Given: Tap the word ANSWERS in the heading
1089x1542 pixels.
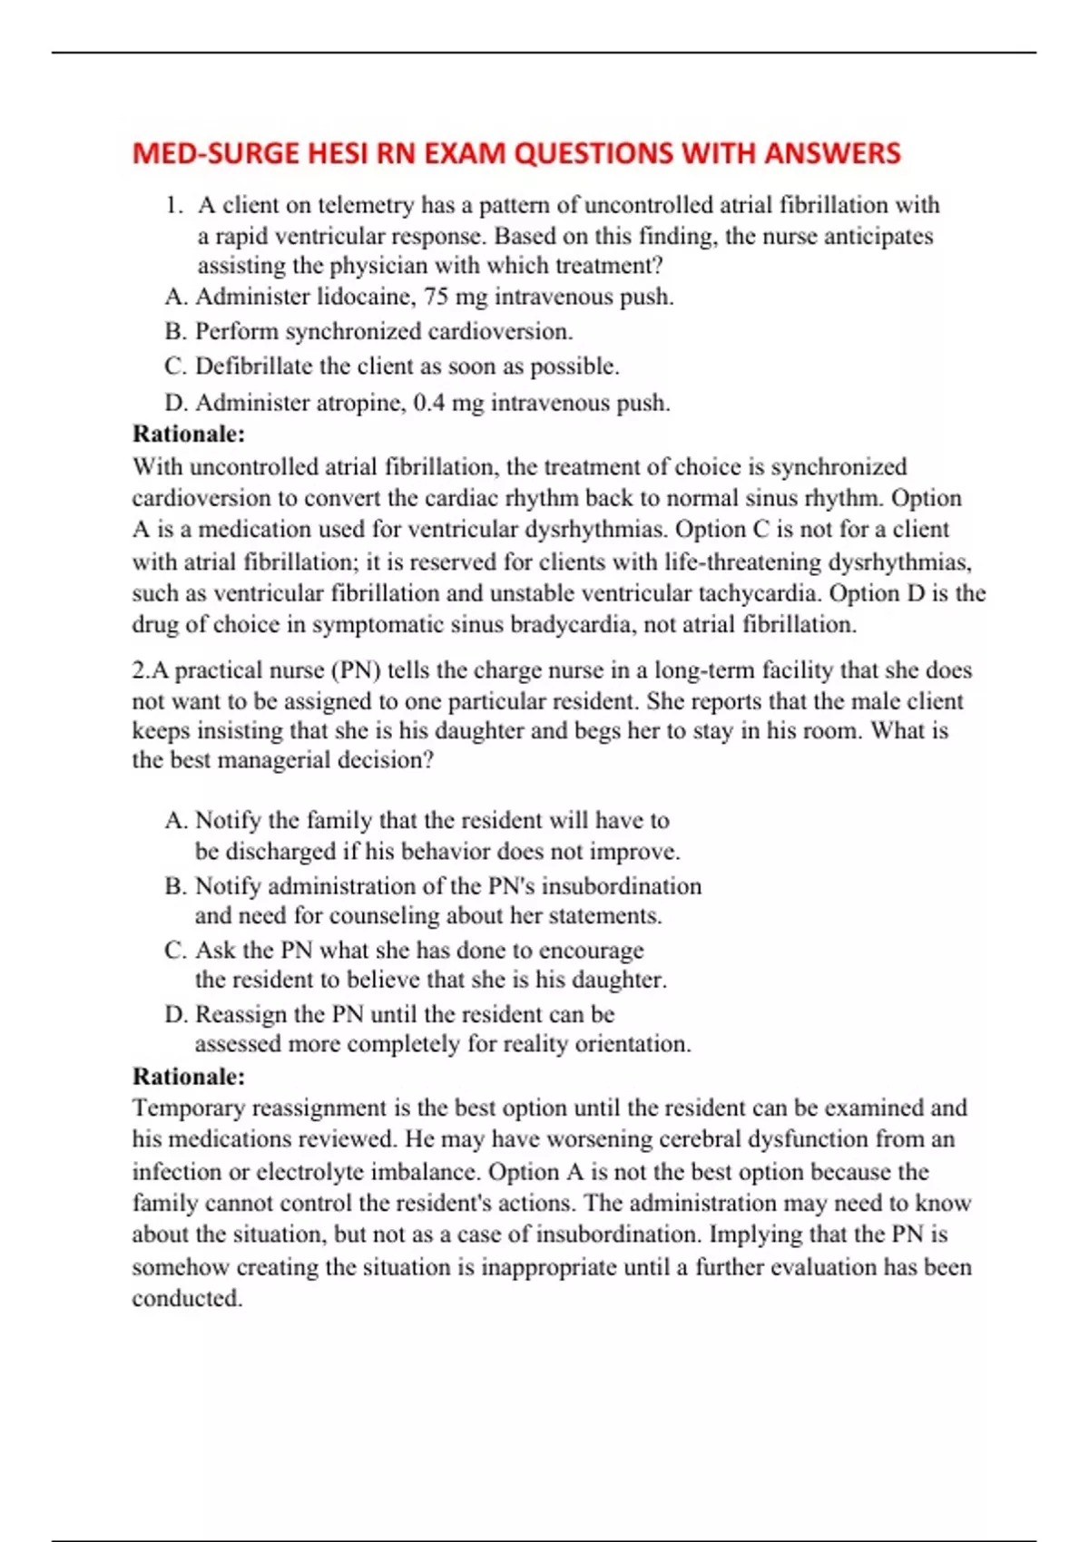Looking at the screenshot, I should (832, 153).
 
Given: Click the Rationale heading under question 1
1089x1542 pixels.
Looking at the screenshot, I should (189, 434).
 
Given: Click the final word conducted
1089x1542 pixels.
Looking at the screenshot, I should (186, 1298).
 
